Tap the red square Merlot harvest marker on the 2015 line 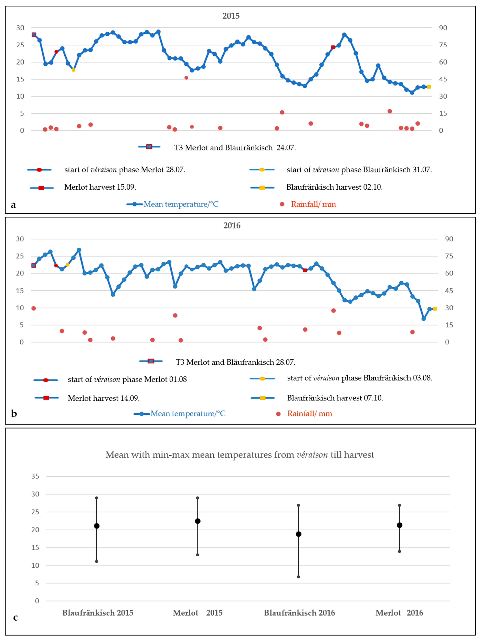(333, 47)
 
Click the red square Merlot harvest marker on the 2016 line (305, 270)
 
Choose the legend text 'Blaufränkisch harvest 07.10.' (335, 398)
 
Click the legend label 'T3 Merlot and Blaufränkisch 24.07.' (235, 148)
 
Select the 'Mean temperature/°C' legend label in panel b (188, 413)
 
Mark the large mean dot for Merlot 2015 (198, 521)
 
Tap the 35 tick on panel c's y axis (35, 476)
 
